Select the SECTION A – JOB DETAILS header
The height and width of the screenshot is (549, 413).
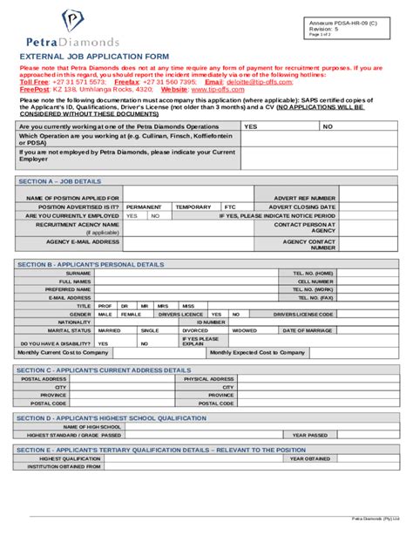tap(59, 182)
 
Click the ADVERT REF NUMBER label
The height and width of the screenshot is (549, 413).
tap(306, 198)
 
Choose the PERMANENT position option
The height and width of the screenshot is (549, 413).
tap(143, 207)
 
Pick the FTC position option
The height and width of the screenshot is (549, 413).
tap(229, 207)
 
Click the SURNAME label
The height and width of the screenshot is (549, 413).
tap(78, 273)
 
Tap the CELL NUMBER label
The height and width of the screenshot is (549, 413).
tap(315, 281)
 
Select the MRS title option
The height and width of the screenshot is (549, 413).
tap(162, 306)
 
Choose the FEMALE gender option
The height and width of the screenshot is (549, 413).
tap(131, 314)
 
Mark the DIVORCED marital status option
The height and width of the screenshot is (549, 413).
tap(195, 330)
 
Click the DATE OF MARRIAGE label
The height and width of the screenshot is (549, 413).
tap(306, 330)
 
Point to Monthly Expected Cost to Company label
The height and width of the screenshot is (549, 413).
tap(257, 352)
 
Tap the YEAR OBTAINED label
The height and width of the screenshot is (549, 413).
tap(309, 457)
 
